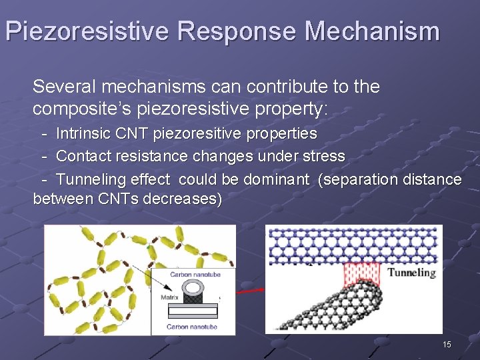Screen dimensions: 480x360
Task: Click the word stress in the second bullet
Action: [323, 157]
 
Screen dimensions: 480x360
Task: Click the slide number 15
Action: [447, 344]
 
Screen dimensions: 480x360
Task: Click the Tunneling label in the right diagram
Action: [411, 272]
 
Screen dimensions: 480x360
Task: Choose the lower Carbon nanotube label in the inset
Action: [191, 327]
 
